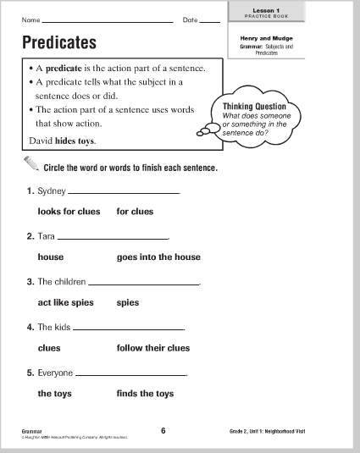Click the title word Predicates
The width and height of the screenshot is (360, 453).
click(x=58, y=42)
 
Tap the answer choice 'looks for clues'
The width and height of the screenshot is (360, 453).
click(x=66, y=211)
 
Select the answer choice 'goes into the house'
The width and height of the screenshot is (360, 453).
click(x=158, y=257)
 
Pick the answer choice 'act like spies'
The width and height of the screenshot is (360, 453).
click(x=66, y=302)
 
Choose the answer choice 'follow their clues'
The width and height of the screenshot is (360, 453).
click(x=152, y=347)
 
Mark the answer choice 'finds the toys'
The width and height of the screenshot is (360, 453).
click(x=145, y=393)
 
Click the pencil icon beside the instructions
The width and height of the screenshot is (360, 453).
click(x=30, y=166)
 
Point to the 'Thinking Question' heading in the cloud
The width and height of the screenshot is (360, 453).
click(x=246, y=107)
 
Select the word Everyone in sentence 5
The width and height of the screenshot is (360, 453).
click(x=56, y=373)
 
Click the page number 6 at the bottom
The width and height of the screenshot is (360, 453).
click(x=163, y=431)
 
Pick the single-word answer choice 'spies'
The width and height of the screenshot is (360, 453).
click(x=128, y=302)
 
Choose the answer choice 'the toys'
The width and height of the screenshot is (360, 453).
click(x=55, y=393)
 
